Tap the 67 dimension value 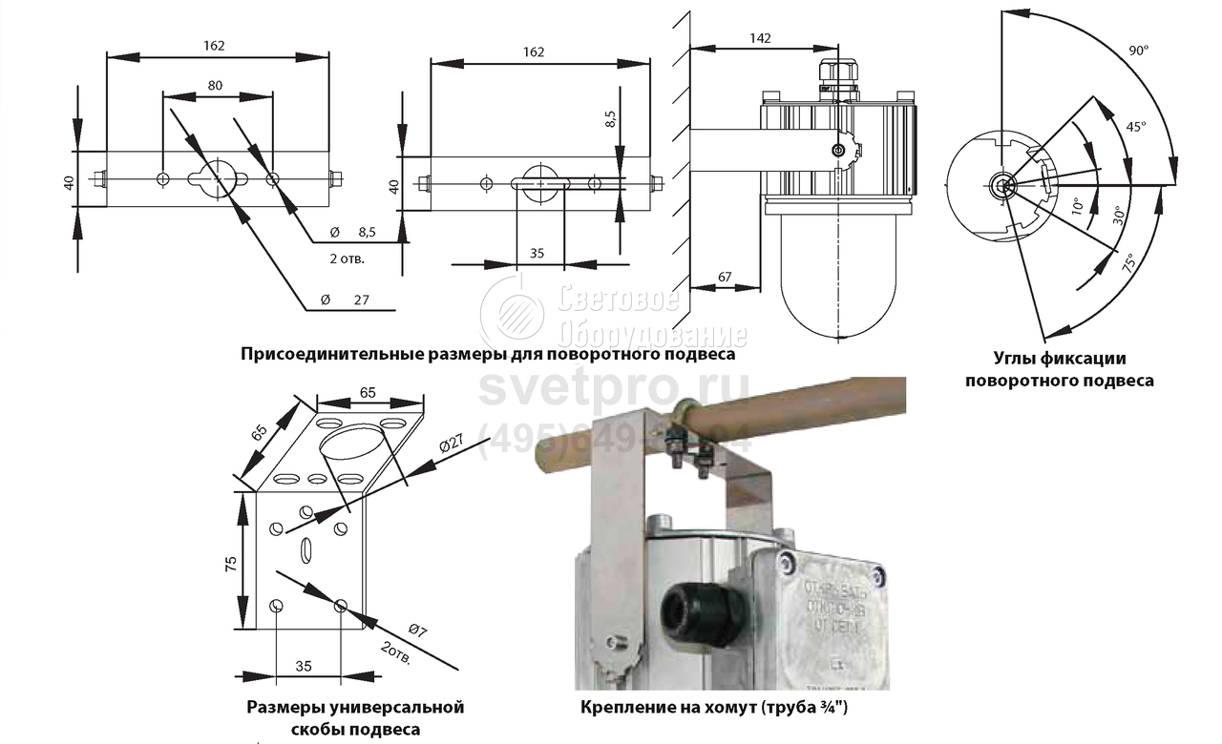(725, 277)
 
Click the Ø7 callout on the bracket (416, 630)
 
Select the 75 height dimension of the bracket (230, 563)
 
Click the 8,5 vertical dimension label (610, 118)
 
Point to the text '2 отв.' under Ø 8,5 (347, 258)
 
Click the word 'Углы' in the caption (1014, 360)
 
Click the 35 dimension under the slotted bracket (537, 254)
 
